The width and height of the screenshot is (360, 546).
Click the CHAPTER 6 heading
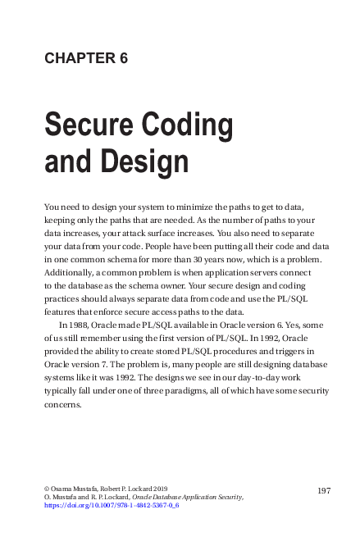[x=86, y=58]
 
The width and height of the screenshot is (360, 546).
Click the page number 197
[x=322, y=489]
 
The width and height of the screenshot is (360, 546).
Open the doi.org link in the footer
[x=112, y=507]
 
